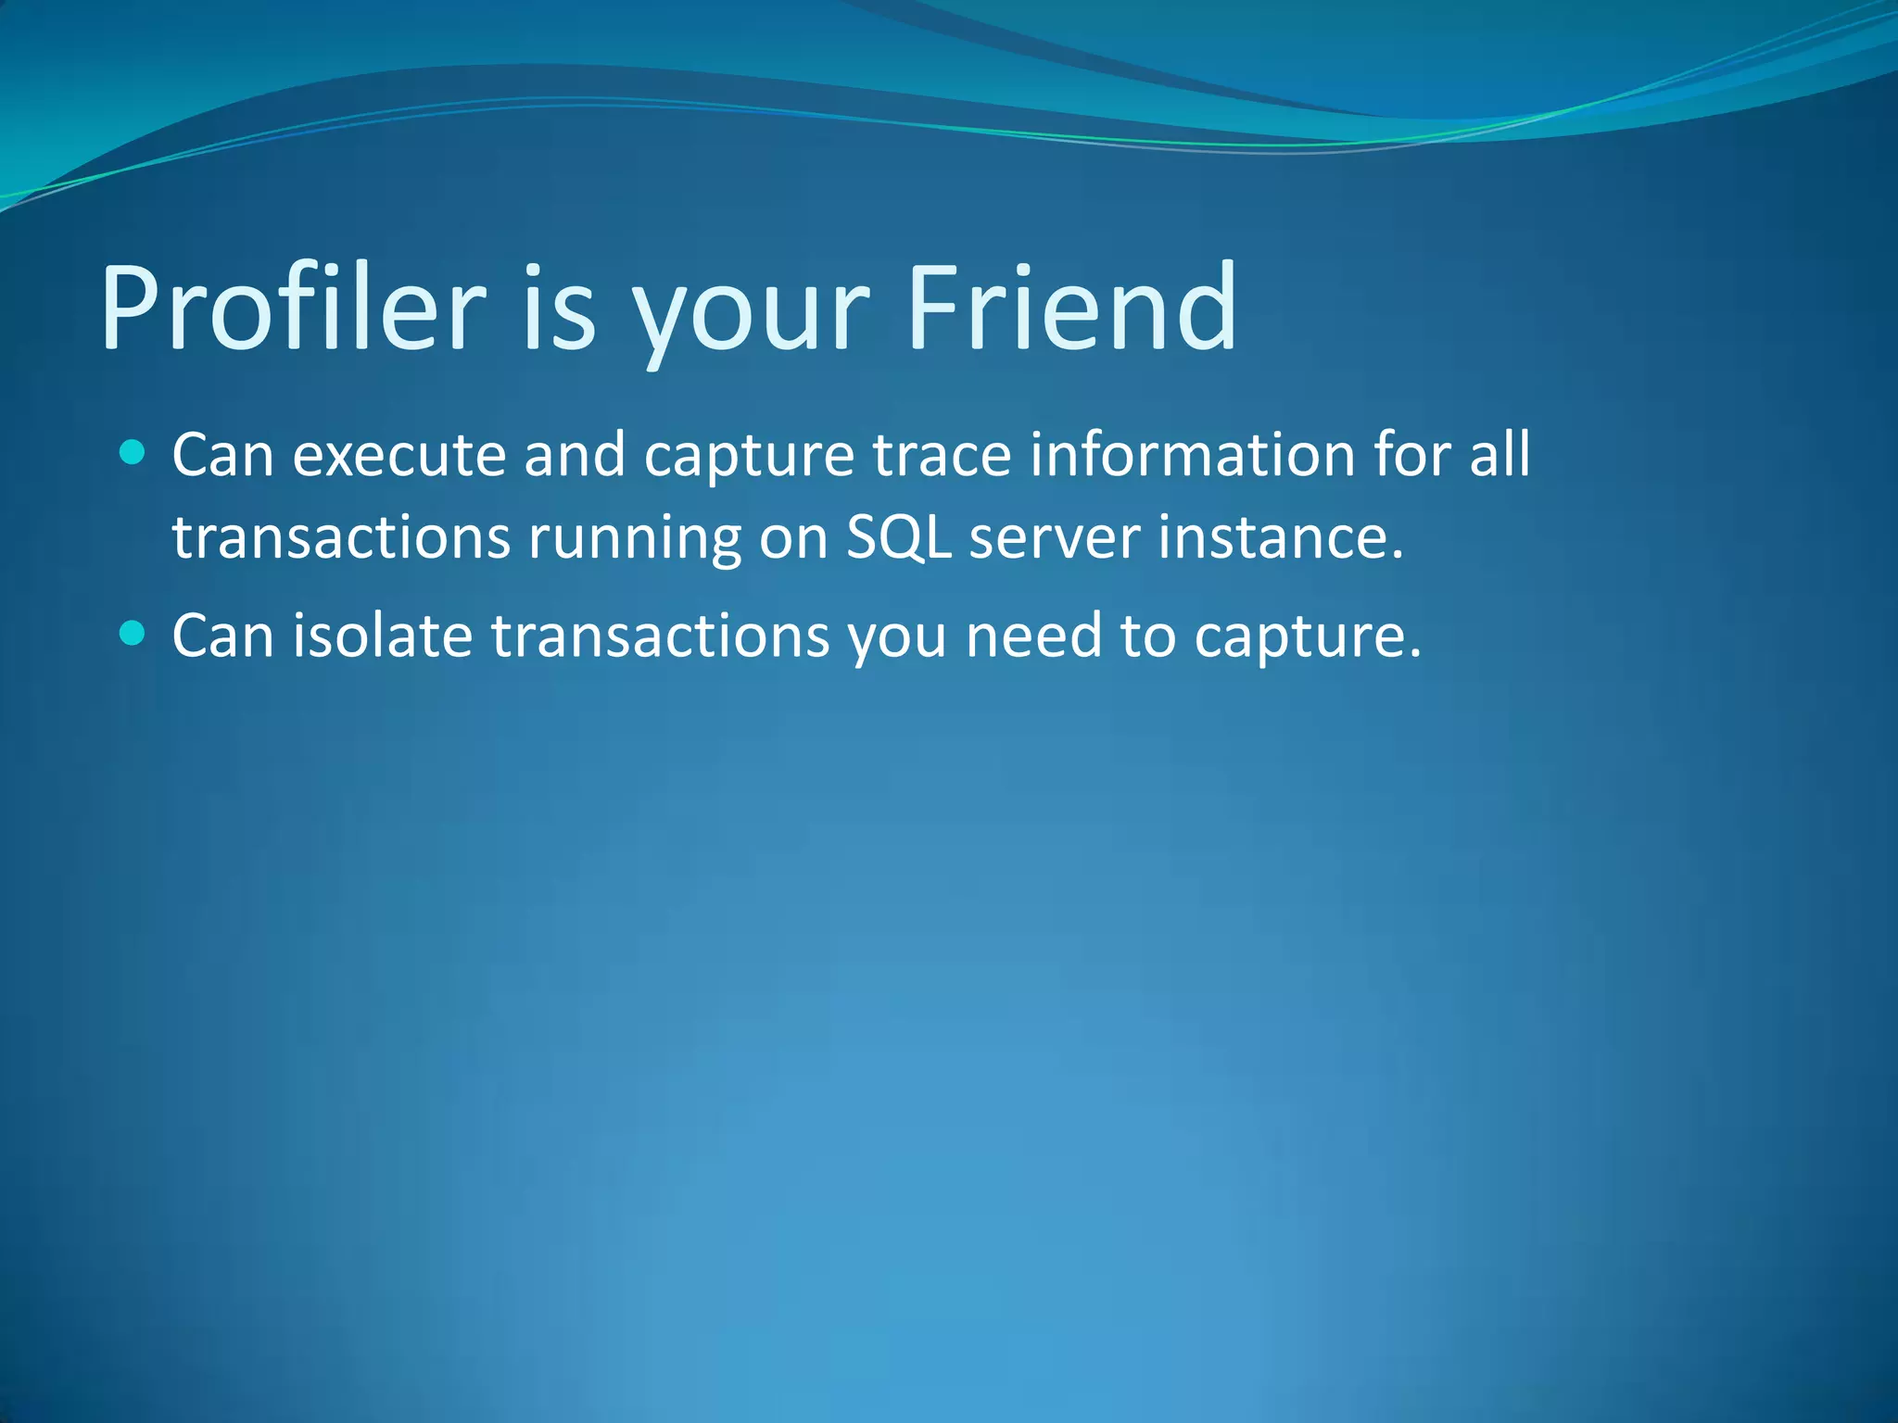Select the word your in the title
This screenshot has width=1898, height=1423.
click(x=751, y=315)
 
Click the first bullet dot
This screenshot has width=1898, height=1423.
click(x=133, y=453)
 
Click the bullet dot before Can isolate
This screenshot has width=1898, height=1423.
click(x=133, y=634)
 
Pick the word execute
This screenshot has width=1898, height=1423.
click(x=399, y=456)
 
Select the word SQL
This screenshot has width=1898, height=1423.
click(x=899, y=537)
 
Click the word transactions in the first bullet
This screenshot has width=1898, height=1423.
click(x=341, y=537)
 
